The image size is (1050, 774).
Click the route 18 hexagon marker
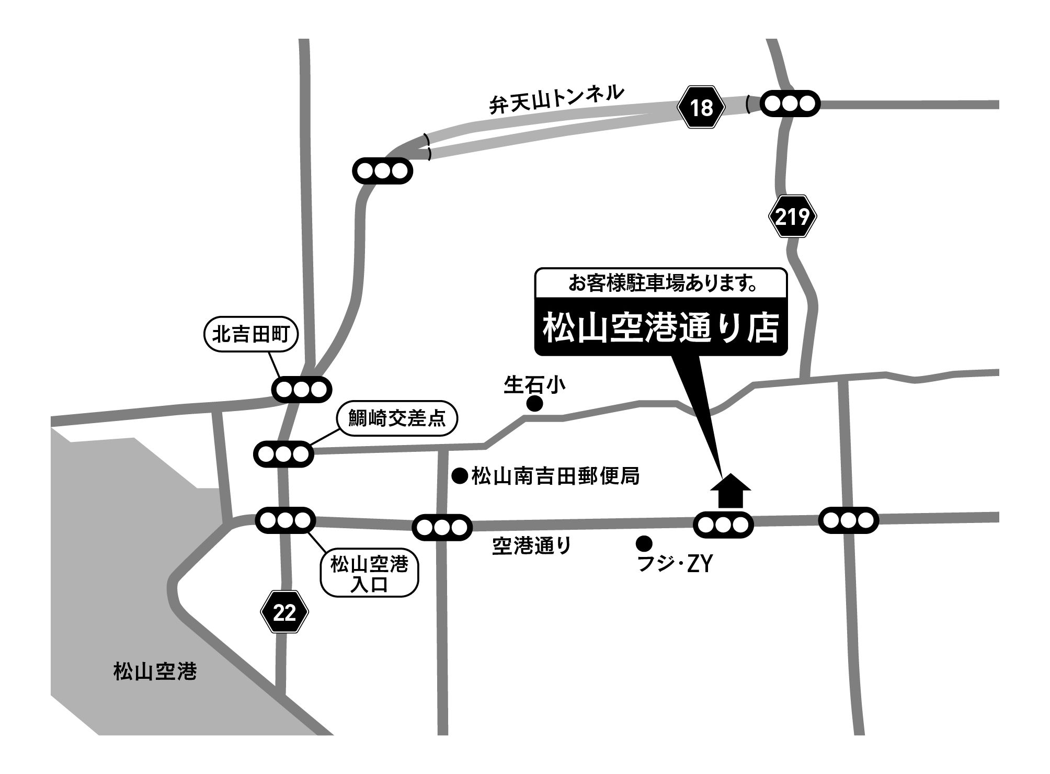click(701, 108)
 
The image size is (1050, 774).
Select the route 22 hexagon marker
click(284, 612)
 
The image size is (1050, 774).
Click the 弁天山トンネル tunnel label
click(556, 100)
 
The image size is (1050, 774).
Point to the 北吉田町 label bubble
click(250, 335)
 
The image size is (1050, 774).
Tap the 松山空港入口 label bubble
click(369, 573)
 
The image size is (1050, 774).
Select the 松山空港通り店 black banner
click(661, 328)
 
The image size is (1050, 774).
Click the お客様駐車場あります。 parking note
click(661, 284)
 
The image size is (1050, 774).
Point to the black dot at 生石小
click(534, 403)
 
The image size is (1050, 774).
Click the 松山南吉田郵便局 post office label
click(555, 476)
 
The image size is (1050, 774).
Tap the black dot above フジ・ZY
click(644, 543)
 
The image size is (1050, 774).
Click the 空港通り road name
click(531, 547)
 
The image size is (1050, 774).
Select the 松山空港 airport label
click(155, 671)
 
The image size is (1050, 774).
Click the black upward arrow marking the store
click(731, 491)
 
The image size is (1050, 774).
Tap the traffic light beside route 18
click(790, 104)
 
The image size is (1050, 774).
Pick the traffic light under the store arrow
click(723, 525)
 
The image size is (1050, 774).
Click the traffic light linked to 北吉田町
click(302, 389)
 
